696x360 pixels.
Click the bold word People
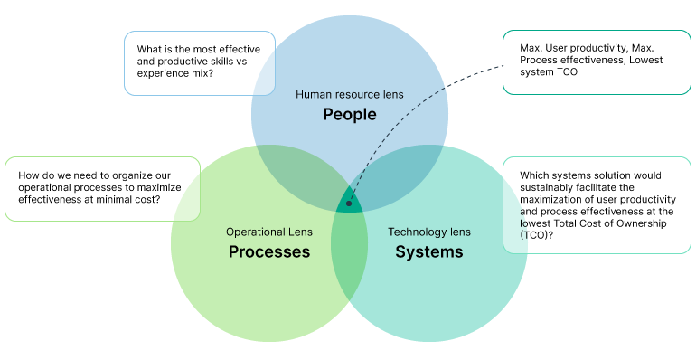point(349,115)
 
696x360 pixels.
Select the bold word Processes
point(268,252)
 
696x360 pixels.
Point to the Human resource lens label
point(349,94)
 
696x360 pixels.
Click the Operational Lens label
point(268,232)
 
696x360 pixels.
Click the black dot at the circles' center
point(349,204)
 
